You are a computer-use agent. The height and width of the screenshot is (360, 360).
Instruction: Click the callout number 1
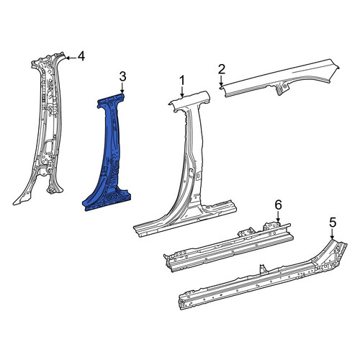click(182, 81)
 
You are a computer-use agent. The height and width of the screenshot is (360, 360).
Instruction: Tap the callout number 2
click(222, 69)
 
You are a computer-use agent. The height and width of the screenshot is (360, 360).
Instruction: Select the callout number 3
click(122, 77)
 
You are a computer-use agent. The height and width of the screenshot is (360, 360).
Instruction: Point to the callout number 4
click(81, 57)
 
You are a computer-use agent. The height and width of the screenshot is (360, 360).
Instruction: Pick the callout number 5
click(333, 223)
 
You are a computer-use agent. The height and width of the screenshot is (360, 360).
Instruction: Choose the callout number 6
click(278, 205)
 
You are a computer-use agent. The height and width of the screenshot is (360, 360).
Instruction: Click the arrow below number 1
click(182, 91)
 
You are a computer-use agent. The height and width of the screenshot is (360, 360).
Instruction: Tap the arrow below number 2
click(221, 80)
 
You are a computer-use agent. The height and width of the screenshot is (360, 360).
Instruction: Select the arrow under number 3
click(122, 88)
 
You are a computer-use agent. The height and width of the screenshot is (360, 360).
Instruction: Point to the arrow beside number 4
click(71, 58)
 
